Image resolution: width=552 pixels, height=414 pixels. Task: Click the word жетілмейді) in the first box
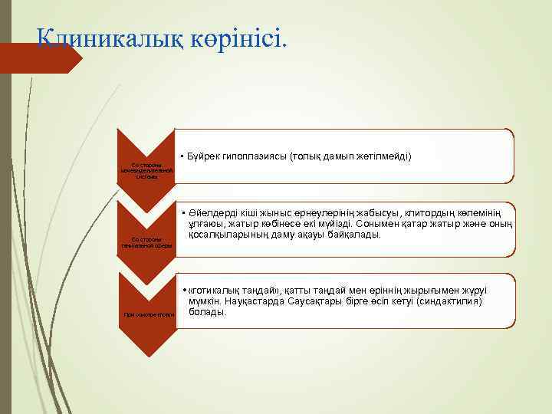point(386,156)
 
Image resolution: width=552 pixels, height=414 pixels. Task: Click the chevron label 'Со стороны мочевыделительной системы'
point(146,169)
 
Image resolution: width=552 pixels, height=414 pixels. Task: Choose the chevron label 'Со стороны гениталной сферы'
point(146,242)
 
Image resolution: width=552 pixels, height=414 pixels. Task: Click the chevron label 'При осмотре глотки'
point(146,314)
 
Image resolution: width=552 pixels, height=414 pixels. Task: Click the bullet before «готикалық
point(184,291)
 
